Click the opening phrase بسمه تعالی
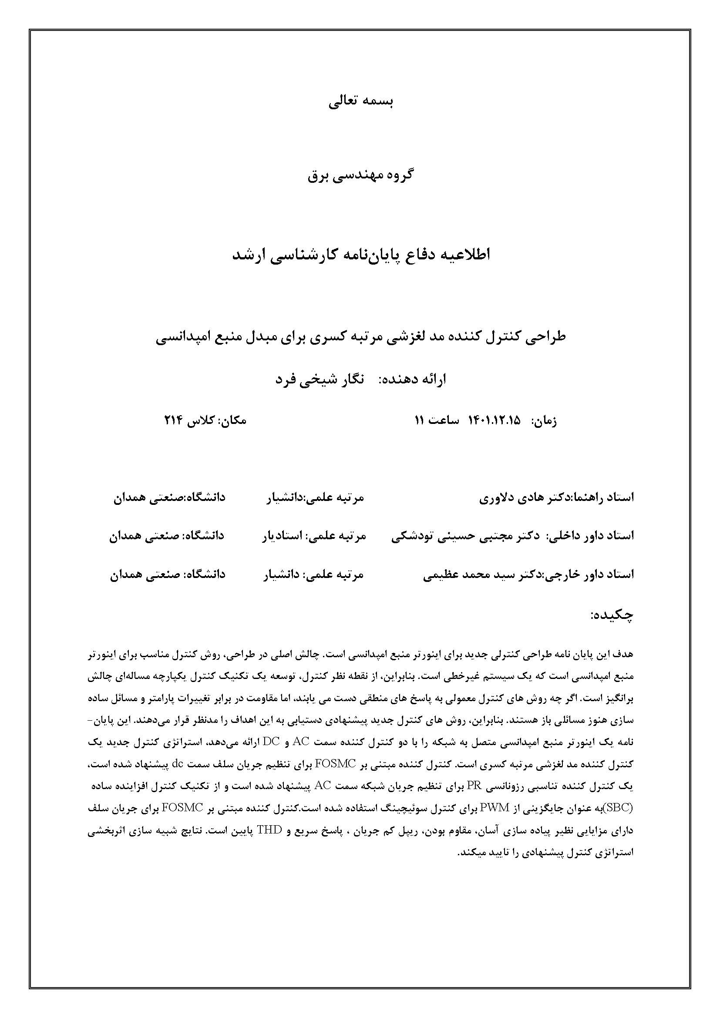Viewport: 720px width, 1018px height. click(361, 102)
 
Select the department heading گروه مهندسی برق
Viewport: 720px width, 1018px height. click(360, 175)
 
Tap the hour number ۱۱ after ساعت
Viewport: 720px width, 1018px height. click(419, 420)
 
